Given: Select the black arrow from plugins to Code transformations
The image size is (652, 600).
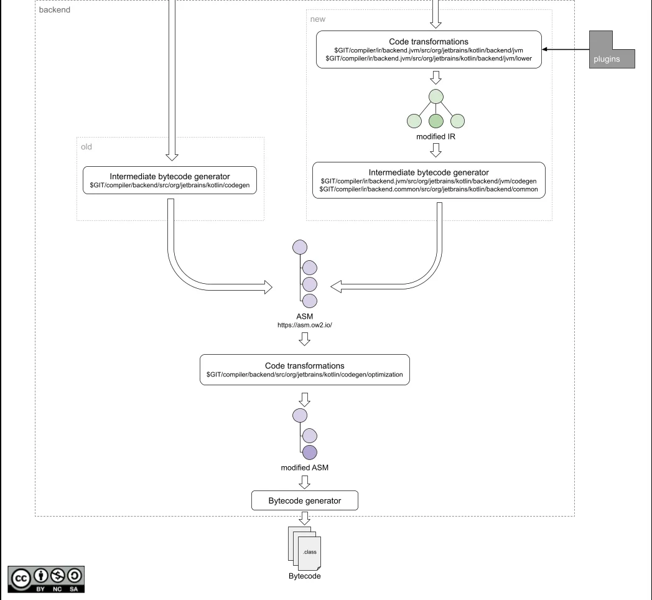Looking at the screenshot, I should [x=566, y=50].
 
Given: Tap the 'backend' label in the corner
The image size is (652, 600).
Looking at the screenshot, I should [x=55, y=10].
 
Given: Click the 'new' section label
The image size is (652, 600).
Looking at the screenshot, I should [x=317, y=19].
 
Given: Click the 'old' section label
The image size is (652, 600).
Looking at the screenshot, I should [x=87, y=147].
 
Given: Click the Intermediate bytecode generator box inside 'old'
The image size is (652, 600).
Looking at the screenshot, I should [x=170, y=180].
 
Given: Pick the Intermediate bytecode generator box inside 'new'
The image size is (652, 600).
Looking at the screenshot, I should [x=429, y=180].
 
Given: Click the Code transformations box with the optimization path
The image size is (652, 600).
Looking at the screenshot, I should [x=304, y=370].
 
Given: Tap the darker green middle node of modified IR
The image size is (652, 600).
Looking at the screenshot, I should [x=435, y=121].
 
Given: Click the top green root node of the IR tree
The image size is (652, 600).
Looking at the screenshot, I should [x=435, y=96].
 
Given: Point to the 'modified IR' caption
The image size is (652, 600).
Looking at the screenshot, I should [x=435, y=136].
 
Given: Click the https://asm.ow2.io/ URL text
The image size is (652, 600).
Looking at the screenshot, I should [x=304, y=325].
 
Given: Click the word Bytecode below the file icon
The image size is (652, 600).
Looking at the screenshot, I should [x=304, y=576].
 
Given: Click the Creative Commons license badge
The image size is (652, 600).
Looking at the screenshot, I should [x=47, y=578].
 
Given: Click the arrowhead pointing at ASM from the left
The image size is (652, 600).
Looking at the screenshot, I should [x=269, y=287].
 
